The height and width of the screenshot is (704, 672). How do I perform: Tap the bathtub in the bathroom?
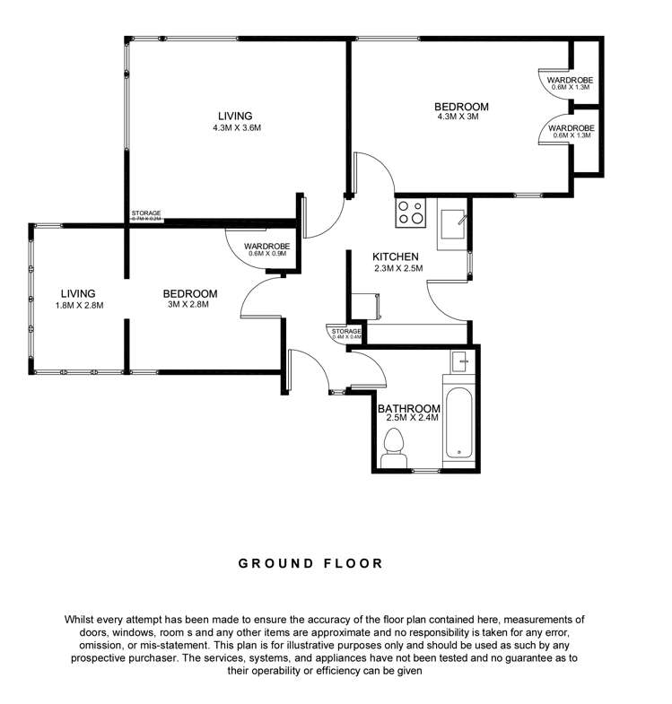pos(459,419)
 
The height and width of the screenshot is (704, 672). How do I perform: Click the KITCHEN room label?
pos(397,256)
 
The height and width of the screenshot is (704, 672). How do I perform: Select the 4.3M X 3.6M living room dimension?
pos(236,127)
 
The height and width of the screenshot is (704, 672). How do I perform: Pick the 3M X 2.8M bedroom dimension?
pos(189,305)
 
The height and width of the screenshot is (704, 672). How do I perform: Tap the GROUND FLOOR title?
pos(310,564)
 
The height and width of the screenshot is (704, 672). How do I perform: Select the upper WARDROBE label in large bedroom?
pos(572,79)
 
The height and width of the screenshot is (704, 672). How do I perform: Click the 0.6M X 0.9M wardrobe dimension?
pos(267,254)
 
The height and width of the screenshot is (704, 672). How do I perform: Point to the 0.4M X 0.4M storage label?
pos(346,337)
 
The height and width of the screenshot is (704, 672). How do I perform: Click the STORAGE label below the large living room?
pos(146,213)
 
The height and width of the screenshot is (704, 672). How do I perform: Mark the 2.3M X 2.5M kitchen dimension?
pos(397,267)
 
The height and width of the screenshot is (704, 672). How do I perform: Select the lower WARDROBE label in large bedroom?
pos(572,127)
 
